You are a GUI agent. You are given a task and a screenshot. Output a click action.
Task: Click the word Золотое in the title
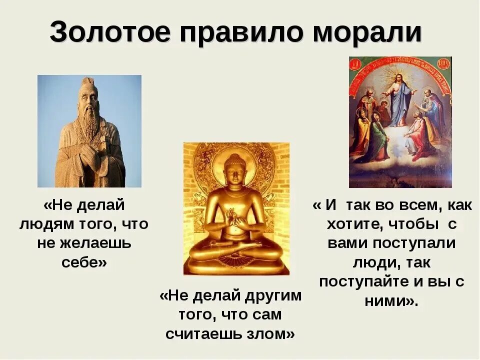(106, 33)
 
